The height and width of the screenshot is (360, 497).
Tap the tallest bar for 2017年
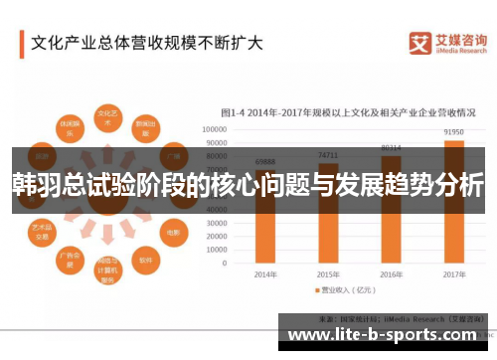coord(453,199)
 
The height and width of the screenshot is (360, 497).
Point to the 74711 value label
coord(328,155)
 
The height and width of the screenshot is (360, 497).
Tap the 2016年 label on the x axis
coord(391,273)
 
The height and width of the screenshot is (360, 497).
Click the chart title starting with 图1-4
coord(346,111)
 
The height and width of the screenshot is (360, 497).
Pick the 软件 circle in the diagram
coord(146,262)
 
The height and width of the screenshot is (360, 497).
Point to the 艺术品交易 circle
coord(42,232)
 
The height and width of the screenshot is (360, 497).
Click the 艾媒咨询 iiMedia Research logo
coord(447,43)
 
